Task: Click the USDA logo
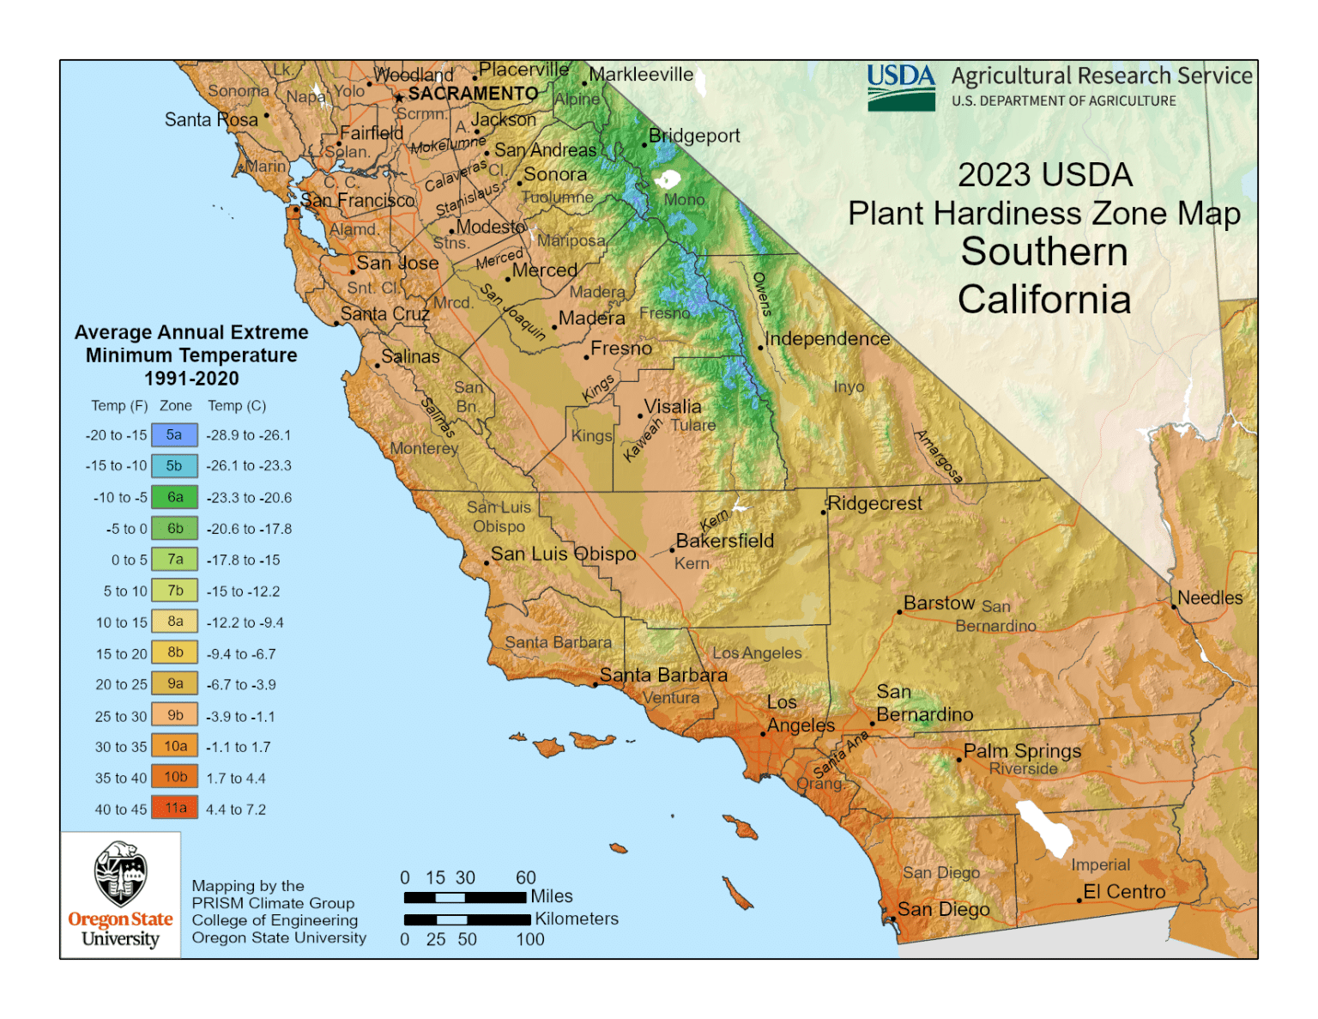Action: pyautogui.click(x=900, y=88)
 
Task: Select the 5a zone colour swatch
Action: pyautogui.click(x=174, y=435)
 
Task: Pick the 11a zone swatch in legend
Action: pyautogui.click(x=175, y=808)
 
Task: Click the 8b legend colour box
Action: pyautogui.click(x=175, y=652)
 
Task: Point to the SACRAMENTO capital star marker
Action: pyautogui.click(x=399, y=98)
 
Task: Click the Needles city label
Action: pyautogui.click(x=1209, y=597)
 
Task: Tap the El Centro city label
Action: pyautogui.click(x=1123, y=892)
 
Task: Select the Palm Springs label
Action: pyautogui.click(x=1021, y=751)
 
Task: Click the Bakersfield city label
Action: pyautogui.click(x=724, y=541)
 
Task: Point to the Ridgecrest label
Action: pyautogui.click(x=874, y=503)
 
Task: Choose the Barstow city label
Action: pyautogui.click(x=939, y=603)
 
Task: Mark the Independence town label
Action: pyautogui.click(x=827, y=339)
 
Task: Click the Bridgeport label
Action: pyautogui.click(x=693, y=136)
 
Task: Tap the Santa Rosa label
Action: pyautogui.click(x=211, y=120)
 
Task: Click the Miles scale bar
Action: pyautogui.click(x=464, y=898)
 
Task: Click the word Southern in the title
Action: pyautogui.click(x=1043, y=252)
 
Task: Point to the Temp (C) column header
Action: pyautogui.click(x=237, y=406)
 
